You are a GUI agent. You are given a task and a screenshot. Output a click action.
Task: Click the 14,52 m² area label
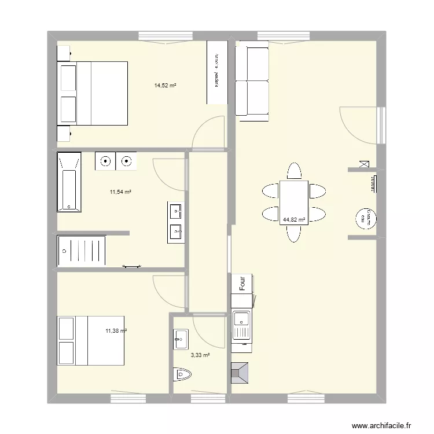pyautogui.click(x=165, y=86)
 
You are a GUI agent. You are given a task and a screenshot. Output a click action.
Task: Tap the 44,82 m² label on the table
pyautogui.click(x=294, y=220)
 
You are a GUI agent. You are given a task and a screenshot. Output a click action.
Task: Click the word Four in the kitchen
pyautogui.click(x=243, y=283)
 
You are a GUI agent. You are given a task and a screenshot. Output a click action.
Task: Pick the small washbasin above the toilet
pyautogui.click(x=181, y=339)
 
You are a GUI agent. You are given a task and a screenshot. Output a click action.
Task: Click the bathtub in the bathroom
pyautogui.click(x=68, y=182)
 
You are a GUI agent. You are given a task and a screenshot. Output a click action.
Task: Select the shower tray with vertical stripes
pyautogui.click(x=82, y=251)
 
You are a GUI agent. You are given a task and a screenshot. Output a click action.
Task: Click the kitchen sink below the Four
pyautogui.click(x=241, y=326)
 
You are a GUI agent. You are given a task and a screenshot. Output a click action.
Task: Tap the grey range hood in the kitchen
pyautogui.click(x=240, y=373)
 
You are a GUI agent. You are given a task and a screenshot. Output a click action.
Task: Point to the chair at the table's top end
pyautogui.click(x=294, y=171)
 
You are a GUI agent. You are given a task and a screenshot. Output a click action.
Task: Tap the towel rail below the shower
pyautogui.click(x=131, y=266)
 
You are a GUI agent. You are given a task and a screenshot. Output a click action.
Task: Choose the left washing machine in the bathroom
pyautogui.click(x=105, y=161)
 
